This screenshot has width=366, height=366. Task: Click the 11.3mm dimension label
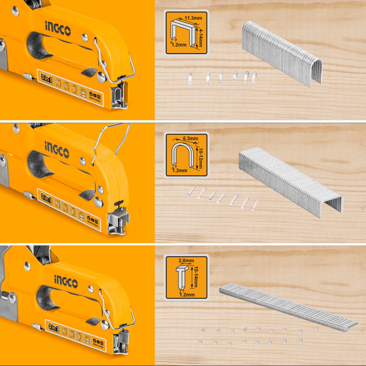tap(193, 18)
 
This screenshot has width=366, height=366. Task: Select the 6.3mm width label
tap(190, 138)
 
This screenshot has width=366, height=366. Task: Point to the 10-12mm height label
tap(200, 158)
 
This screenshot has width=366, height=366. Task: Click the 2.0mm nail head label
tap(186, 260)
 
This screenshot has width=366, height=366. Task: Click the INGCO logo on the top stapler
tap(58, 28)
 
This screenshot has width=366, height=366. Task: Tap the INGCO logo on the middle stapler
tap(57, 149)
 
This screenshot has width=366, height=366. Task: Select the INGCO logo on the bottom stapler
tap(66, 281)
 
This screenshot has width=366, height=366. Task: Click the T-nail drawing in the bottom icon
tap(182, 277)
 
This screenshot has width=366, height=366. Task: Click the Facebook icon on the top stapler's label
tap(91, 94)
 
